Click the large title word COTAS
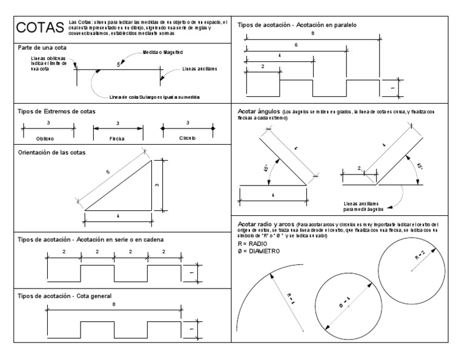pyautogui.click(x=41, y=29)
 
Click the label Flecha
pyautogui.click(x=118, y=138)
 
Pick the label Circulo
pyautogui.click(x=187, y=138)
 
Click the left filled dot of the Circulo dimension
pyautogui.click(x=163, y=128)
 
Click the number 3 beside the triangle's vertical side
pyautogui.click(x=157, y=185)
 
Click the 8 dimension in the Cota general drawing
pyautogui.click(x=114, y=304)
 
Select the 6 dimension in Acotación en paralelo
pyautogui.click(x=295, y=45)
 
